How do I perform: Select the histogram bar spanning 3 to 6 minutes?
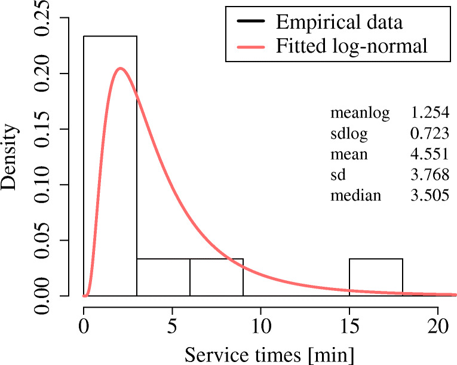(x=163, y=277)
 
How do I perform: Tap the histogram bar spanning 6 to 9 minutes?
(x=216, y=277)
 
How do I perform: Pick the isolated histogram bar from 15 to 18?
(x=376, y=277)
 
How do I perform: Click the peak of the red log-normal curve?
(x=121, y=68)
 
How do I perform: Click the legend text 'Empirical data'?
(x=339, y=23)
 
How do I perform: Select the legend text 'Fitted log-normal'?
(x=352, y=46)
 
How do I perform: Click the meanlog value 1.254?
(x=430, y=112)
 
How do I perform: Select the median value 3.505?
(x=430, y=195)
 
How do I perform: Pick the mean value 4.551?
(x=430, y=154)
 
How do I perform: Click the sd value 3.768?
(x=430, y=174)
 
